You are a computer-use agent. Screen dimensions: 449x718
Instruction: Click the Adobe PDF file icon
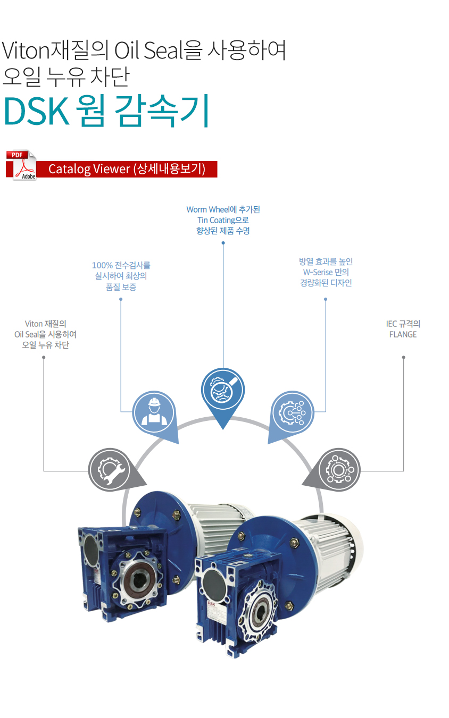pos(21,165)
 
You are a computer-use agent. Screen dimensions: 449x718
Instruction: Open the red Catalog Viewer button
pos(127,169)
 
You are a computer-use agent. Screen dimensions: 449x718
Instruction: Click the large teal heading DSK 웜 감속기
pos(107,111)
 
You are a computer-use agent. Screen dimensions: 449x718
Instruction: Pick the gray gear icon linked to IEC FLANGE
pos(339,470)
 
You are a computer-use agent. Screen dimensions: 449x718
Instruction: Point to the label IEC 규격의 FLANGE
pos(403,329)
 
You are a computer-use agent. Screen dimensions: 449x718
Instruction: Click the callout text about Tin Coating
pos(223,220)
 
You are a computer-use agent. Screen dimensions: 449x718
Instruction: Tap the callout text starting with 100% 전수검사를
pos(121,276)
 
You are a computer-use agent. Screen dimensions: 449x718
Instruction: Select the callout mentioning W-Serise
pos(326,272)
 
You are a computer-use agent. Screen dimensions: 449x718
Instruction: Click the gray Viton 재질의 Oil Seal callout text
pos(45,334)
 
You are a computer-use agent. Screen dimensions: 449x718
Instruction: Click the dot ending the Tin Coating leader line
pos(223,243)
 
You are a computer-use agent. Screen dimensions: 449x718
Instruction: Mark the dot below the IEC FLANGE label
pos(403,357)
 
